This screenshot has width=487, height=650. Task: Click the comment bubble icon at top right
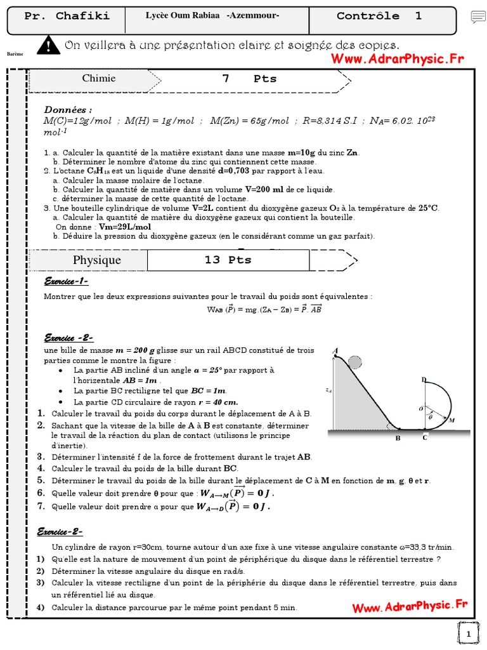coord(478,18)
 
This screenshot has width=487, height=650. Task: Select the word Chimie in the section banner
coord(99,79)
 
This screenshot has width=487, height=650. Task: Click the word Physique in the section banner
coord(96,260)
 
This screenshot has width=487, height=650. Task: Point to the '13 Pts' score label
coord(228,260)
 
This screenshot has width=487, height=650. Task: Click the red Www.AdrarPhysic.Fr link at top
coord(397,59)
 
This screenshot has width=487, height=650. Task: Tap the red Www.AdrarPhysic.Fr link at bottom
coord(410,606)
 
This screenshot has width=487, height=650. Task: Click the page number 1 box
coord(468,633)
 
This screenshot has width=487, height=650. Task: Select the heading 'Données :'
coord(68,109)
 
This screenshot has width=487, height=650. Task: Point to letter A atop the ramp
coord(335,350)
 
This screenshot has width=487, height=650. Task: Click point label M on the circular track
coord(451,420)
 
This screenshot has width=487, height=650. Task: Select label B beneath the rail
coord(398,438)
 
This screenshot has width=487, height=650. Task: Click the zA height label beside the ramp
coord(328,391)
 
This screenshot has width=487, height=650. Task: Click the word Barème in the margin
coord(15,54)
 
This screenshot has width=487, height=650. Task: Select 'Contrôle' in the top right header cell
coord(368,17)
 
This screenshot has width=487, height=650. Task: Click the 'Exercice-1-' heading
coord(65,281)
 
